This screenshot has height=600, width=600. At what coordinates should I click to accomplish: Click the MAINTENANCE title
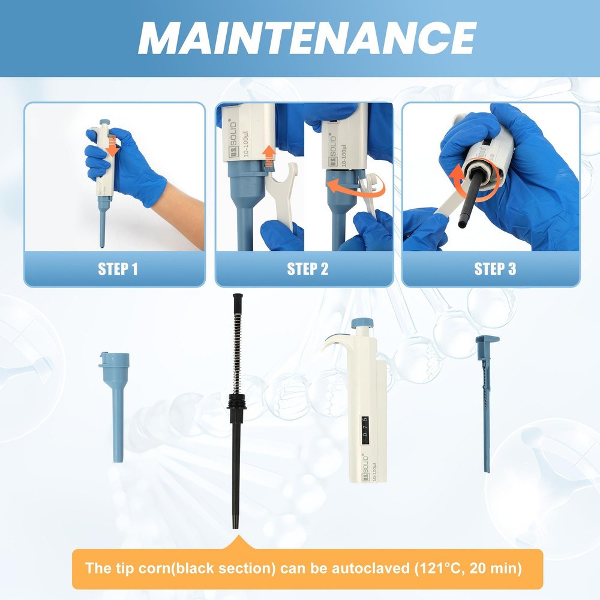click(x=307, y=38)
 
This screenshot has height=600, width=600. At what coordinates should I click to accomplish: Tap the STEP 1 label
click(x=118, y=269)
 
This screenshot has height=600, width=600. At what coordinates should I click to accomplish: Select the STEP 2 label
click(x=308, y=269)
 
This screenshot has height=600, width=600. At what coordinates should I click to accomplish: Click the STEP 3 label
click(x=495, y=269)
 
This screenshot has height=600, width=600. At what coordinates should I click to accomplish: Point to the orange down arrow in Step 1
click(x=110, y=147)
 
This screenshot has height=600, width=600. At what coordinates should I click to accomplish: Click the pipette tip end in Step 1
click(x=102, y=243)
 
